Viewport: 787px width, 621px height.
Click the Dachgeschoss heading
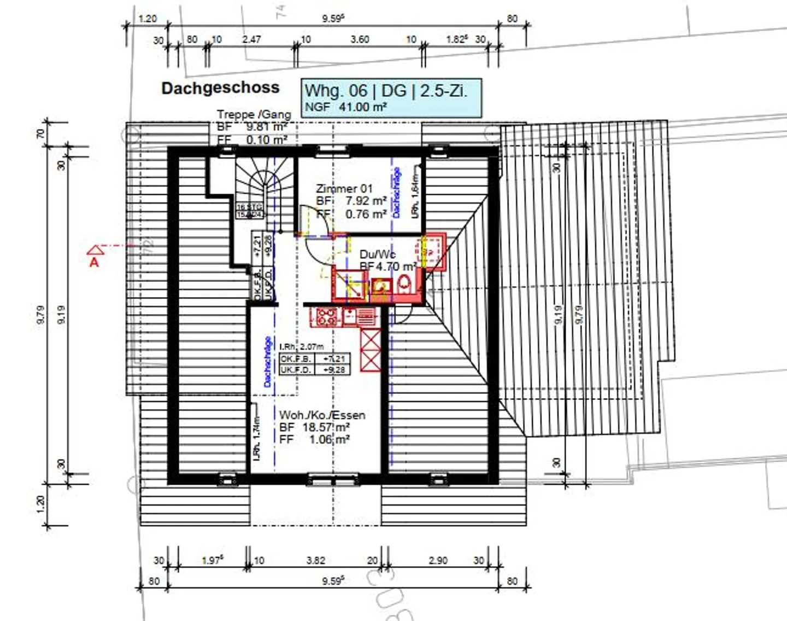point(220,88)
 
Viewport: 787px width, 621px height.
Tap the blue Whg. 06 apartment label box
point(391,97)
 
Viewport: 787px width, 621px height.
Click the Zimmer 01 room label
point(344,189)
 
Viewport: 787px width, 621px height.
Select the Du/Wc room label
point(378,254)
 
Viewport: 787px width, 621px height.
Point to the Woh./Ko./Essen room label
point(322,415)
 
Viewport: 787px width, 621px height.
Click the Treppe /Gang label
point(254,114)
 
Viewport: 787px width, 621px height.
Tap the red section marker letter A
point(95,262)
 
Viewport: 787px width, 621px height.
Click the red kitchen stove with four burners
point(327,317)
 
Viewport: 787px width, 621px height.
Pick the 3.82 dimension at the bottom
point(316,560)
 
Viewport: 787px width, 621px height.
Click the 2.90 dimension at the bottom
point(438,560)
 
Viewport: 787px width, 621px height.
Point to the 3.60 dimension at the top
point(360,39)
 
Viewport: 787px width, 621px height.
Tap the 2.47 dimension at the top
point(251,39)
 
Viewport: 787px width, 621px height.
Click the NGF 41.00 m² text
point(345,107)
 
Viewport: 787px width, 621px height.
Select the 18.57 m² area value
point(326,427)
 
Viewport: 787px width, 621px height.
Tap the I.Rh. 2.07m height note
point(302,346)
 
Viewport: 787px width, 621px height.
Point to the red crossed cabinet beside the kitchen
point(371,350)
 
